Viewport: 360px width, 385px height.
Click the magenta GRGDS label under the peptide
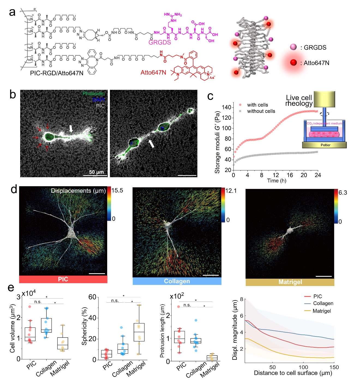pos(160,42)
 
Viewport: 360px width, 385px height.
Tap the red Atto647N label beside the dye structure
pos(153,73)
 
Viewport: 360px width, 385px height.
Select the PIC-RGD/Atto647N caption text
pos(57,73)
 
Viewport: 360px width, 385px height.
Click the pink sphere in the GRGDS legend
pos(293,47)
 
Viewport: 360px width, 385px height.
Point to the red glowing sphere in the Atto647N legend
pos(293,63)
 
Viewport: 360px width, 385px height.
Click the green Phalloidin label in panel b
pos(94,94)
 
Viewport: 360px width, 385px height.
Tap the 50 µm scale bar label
pos(96,172)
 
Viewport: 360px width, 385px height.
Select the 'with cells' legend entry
pos(257,105)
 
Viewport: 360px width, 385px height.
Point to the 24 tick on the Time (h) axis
pos(318,175)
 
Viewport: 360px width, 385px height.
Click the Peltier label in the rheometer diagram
pos(325,145)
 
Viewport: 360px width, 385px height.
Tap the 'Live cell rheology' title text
pos(299,101)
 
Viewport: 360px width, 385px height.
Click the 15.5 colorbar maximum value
pos(117,190)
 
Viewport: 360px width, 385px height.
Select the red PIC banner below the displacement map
pos(63,279)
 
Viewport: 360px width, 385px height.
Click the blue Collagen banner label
pos(177,281)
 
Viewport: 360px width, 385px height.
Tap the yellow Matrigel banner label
pos(290,282)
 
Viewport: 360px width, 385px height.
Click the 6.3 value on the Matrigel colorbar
pos(343,192)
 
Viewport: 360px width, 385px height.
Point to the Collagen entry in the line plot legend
pos(323,303)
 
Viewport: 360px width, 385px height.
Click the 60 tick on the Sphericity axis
pos(92,297)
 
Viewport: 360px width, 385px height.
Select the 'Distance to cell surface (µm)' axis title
pos(293,373)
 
